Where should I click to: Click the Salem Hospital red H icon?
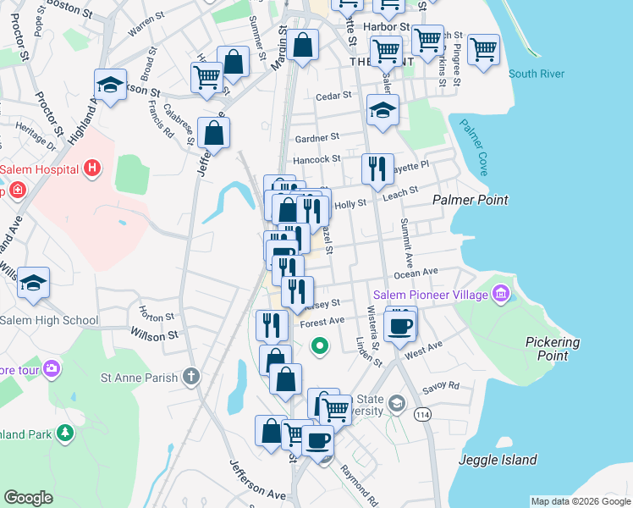point(93,169)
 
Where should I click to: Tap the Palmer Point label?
point(471,200)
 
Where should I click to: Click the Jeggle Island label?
point(498,460)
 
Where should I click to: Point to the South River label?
point(537,74)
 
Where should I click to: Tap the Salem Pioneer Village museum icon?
point(501,294)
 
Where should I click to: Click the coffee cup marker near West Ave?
point(400,325)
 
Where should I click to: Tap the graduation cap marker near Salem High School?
point(34,283)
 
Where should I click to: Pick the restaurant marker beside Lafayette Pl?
point(377,168)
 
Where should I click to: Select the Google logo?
point(29,498)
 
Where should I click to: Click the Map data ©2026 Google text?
point(580,501)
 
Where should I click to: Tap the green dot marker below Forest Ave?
point(320,345)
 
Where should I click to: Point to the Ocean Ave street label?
point(416,273)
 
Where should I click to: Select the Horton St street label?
point(158,317)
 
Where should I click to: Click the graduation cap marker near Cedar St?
point(383,110)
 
